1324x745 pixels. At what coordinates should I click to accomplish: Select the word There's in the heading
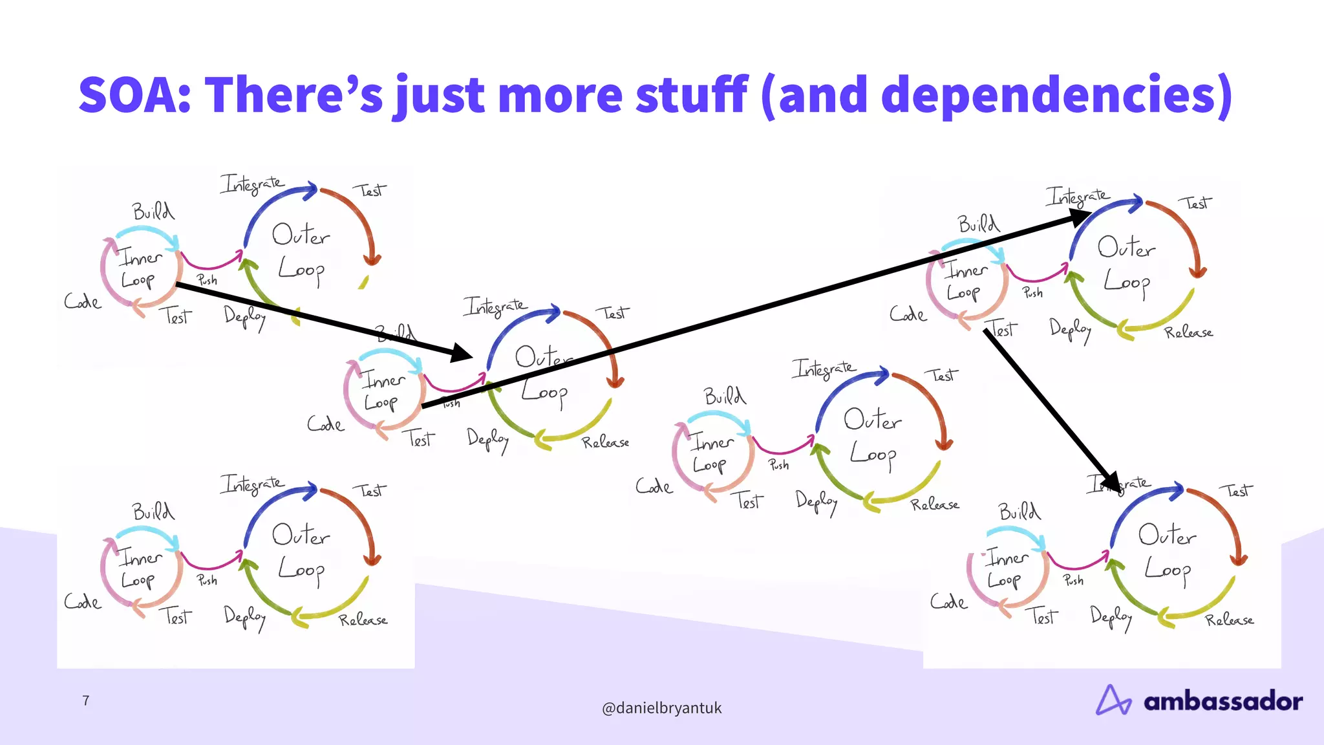pyautogui.click(x=294, y=95)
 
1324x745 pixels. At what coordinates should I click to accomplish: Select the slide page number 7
pyautogui.click(x=86, y=700)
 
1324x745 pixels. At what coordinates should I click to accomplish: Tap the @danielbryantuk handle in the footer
pyautogui.click(x=661, y=708)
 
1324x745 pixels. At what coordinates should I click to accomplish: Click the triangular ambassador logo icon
pyautogui.click(x=1113, y=700)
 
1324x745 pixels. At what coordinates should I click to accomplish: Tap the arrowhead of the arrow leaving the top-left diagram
pyautogui.click(x=462, y=353)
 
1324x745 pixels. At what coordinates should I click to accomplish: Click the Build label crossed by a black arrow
pyautogui.click(x=396, y=334)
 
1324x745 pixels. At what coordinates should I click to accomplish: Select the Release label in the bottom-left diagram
pyautogui.click(x=363, y=620)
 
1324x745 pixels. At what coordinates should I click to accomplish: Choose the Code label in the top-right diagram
pyautogui.click(x=908, y=315)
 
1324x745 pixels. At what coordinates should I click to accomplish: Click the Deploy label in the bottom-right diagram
pyautogui.click(x=1111, y=617)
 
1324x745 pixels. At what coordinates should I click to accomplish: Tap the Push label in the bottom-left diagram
pyautogui.click(x=207, y=580)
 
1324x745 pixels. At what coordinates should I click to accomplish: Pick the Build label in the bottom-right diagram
pyautogui.click(x=1020, y=512)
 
